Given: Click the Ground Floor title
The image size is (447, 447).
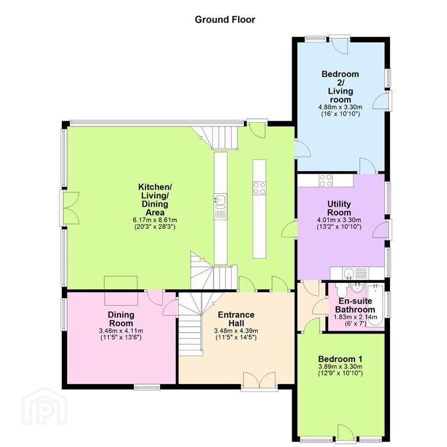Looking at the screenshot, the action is [x=225, y=20].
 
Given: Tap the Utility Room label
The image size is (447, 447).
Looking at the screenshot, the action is [x=339, y=208].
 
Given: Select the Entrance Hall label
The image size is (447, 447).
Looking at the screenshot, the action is [x=236, y=319].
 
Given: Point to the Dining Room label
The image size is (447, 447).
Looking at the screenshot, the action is [x=121, y=319].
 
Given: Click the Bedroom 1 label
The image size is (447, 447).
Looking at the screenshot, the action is [x=340, y=359].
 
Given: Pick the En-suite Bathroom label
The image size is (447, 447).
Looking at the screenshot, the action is [x=355, y=305].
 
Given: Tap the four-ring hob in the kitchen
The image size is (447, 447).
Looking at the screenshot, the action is [x=260, y=188].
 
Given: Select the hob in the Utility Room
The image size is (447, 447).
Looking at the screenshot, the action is [x=325, y=180].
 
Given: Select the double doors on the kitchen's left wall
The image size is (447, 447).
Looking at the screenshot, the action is [x=70, y=208].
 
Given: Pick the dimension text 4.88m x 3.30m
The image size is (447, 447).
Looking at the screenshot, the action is [x=340, y=107].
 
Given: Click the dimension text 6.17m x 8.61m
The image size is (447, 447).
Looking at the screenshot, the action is [x=155, y=220].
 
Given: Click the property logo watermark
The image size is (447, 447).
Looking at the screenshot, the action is [x=45, y=406].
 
